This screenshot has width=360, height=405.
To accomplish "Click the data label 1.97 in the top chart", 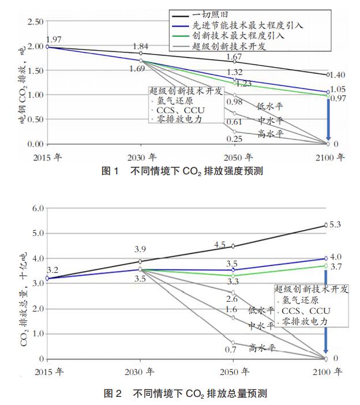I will click(52, 39).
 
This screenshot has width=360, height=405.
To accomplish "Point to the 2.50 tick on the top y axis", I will click(36, 22).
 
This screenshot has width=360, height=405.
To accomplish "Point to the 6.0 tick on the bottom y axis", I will click(37, 208).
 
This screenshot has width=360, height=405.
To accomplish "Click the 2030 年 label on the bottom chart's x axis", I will click(141, 372).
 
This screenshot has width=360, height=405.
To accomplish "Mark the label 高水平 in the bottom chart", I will click(261, 347).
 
